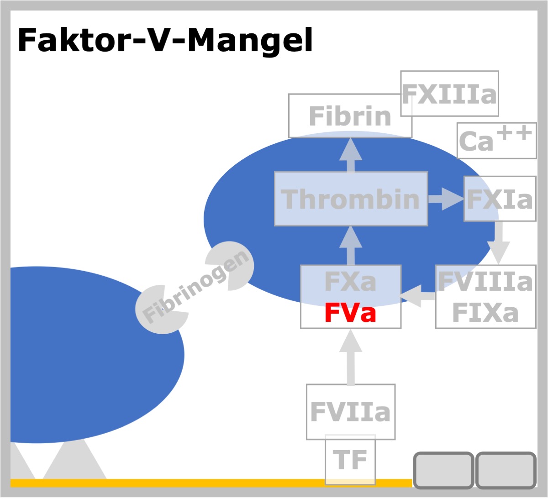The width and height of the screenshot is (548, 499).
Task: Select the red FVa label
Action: coord(350,313)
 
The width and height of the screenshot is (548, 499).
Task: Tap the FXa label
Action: coord(350,282)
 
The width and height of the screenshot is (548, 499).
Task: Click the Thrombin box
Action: coord(351,199)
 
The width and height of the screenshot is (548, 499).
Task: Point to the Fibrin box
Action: coord(350,116)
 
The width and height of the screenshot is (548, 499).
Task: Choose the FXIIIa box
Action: coord(449,94)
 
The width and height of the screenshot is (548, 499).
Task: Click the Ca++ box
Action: coord(496,141)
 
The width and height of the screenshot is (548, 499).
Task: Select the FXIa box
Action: coord(500,199)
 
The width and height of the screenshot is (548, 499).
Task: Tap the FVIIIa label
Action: coord(485,282)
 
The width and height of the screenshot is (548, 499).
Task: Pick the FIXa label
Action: coord(485,313)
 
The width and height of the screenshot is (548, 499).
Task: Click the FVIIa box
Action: coord(350,412)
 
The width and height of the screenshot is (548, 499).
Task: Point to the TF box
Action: coord(350,460)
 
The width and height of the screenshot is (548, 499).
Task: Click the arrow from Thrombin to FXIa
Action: coord(446,199)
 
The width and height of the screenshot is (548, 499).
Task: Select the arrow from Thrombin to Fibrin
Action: coord(350,155)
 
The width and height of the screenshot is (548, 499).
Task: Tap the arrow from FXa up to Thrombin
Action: coord(350,246)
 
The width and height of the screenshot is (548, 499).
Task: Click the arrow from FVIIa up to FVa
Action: coord(350,357)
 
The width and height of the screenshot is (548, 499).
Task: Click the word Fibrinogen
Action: coord(195,287)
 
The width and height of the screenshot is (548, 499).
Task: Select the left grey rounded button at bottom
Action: coord(443,470)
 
